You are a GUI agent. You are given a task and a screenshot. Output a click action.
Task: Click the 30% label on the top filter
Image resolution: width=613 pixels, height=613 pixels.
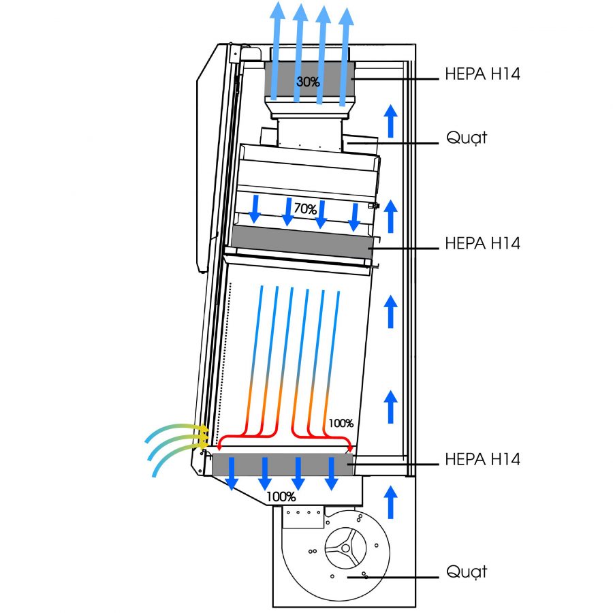tap(309, 82)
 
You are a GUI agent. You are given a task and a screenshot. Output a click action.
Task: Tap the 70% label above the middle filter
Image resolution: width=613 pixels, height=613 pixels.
tap(305, 209)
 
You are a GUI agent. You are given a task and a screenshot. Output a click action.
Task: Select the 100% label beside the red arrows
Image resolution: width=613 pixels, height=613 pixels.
tap(341, 423)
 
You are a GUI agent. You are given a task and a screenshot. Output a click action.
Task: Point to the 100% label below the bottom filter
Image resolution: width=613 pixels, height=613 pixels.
tap(281, 497)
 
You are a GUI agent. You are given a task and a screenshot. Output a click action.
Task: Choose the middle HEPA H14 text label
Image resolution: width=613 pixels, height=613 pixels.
tap(482, 243)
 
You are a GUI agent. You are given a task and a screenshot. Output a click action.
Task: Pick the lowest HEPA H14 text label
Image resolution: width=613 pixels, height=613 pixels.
tap(482, 460)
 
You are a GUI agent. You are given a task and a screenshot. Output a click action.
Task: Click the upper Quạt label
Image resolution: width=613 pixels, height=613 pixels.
tap(467, 138)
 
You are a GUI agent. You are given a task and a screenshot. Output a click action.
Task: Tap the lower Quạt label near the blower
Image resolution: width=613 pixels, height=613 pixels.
tap(467, 571)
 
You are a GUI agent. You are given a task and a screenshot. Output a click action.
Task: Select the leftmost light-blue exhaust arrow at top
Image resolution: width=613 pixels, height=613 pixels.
tap(277, 48)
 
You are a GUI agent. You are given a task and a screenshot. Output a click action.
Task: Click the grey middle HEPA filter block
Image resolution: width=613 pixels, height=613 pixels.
tap(303, 242)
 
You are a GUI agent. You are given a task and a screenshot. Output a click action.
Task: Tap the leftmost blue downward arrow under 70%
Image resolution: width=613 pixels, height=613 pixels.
tap(255, 208)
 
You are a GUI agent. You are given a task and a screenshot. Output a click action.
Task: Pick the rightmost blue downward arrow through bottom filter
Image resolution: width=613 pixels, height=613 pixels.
tap(332, 473)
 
